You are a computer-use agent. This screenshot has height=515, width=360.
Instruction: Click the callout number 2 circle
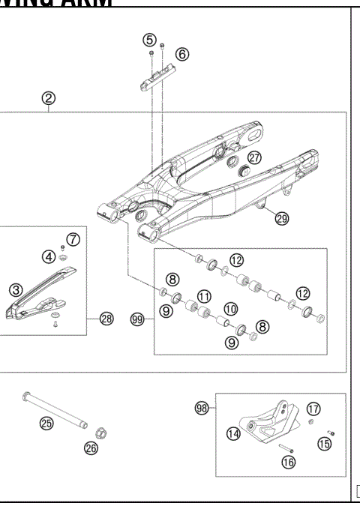(49, 98)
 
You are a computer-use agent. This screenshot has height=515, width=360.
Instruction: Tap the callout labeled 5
(150, 39)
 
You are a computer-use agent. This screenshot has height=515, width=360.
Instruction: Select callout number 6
(182, 54)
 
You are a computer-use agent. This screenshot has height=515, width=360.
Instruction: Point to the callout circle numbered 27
(256, 157)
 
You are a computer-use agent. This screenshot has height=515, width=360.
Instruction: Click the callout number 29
(281, 219)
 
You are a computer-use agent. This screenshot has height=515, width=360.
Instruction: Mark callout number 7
(73, 239)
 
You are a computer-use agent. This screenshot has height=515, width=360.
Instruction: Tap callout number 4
(48, 256)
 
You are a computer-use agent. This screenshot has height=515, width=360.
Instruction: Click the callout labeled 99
(136, 319)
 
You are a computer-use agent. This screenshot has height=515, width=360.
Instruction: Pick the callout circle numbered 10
(230, 308)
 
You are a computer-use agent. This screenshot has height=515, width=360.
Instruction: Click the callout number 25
(46, 424)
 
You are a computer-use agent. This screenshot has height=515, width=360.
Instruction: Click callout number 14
(235, 433)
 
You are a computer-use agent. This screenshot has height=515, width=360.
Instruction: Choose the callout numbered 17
(313, 409)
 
